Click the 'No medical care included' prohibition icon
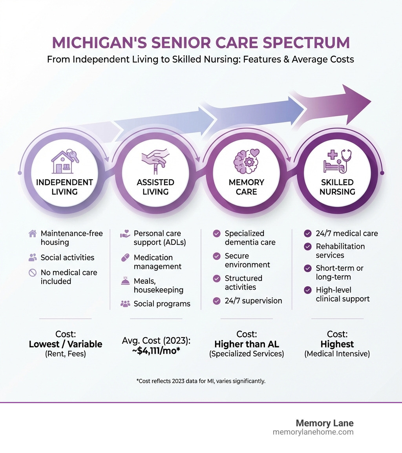[x=33, y=273]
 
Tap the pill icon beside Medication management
[x=124, y=258]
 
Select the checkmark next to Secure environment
[x=216, y=256]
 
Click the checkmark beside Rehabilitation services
[x=308, y=247]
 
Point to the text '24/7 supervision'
[x=253, y=301]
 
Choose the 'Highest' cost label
[x=337, y=344]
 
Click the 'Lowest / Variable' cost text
[x=66, y=344]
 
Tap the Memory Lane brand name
[x=324, y=423]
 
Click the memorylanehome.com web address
[x=313, y=432]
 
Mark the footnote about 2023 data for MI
[x=201, y=381]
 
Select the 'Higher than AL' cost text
[x=247, y=344]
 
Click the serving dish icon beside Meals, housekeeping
[x=125, y=281]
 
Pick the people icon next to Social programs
[x=125, y=303]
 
